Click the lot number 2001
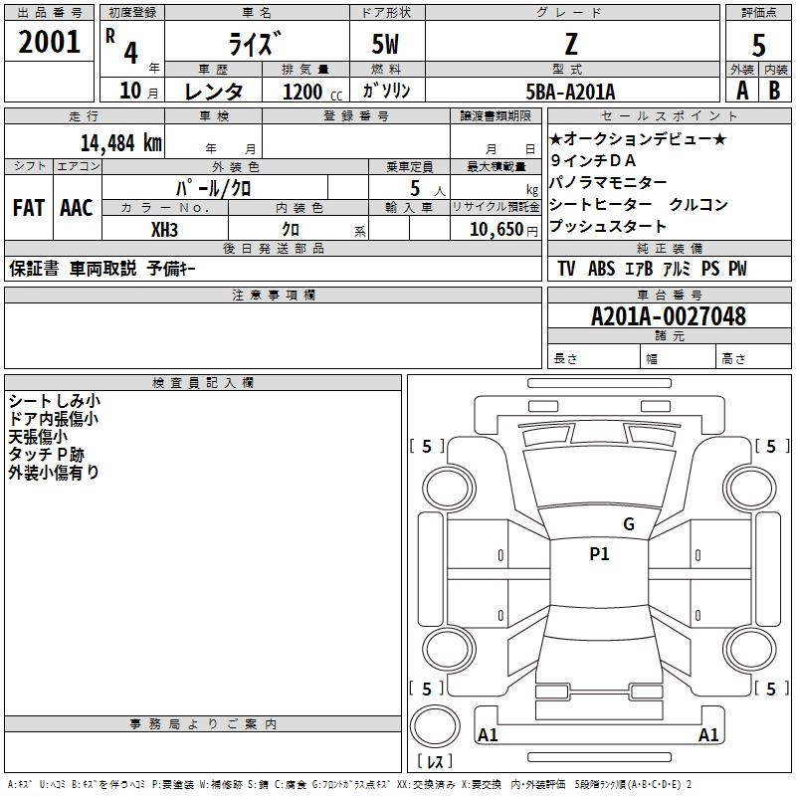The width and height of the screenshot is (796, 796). tap(49, 43)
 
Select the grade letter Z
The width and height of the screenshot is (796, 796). tap(571, 44)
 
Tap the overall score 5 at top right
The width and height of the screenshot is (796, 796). tap(758, 46)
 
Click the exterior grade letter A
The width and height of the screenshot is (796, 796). tap(741, 90)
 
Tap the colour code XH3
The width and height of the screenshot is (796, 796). tap(165, 230)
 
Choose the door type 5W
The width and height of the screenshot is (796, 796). tap(388, 45)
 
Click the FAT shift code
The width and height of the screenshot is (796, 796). tap(28, 208)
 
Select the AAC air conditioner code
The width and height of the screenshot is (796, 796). tap(77, 208)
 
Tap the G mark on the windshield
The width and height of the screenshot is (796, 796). tap(628, 524)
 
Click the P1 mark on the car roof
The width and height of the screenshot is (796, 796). tap(599, 554)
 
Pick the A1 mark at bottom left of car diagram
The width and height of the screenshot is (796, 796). tap(488, 735)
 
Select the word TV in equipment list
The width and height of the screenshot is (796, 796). tap(566, 269)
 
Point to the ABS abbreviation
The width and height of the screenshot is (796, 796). tap(601, 269)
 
